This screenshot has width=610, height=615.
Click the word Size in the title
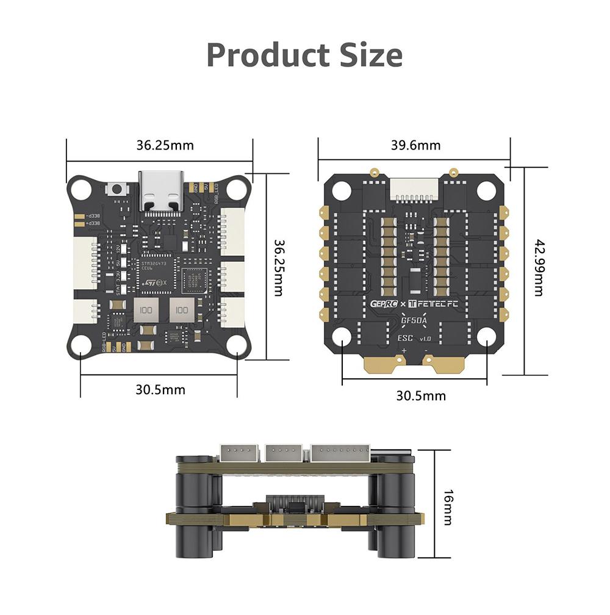coord(368,56)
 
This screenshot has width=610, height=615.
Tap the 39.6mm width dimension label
coord(415,145)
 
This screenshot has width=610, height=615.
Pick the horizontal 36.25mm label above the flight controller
coord(165,145)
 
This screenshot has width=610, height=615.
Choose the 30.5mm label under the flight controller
coord(160,389)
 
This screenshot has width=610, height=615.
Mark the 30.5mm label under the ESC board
coord(421,395)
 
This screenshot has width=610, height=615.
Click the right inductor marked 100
coord(181,310)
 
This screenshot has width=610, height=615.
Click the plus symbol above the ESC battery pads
coord(404,350)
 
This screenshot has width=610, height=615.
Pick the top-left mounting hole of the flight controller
coord(81,189)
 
